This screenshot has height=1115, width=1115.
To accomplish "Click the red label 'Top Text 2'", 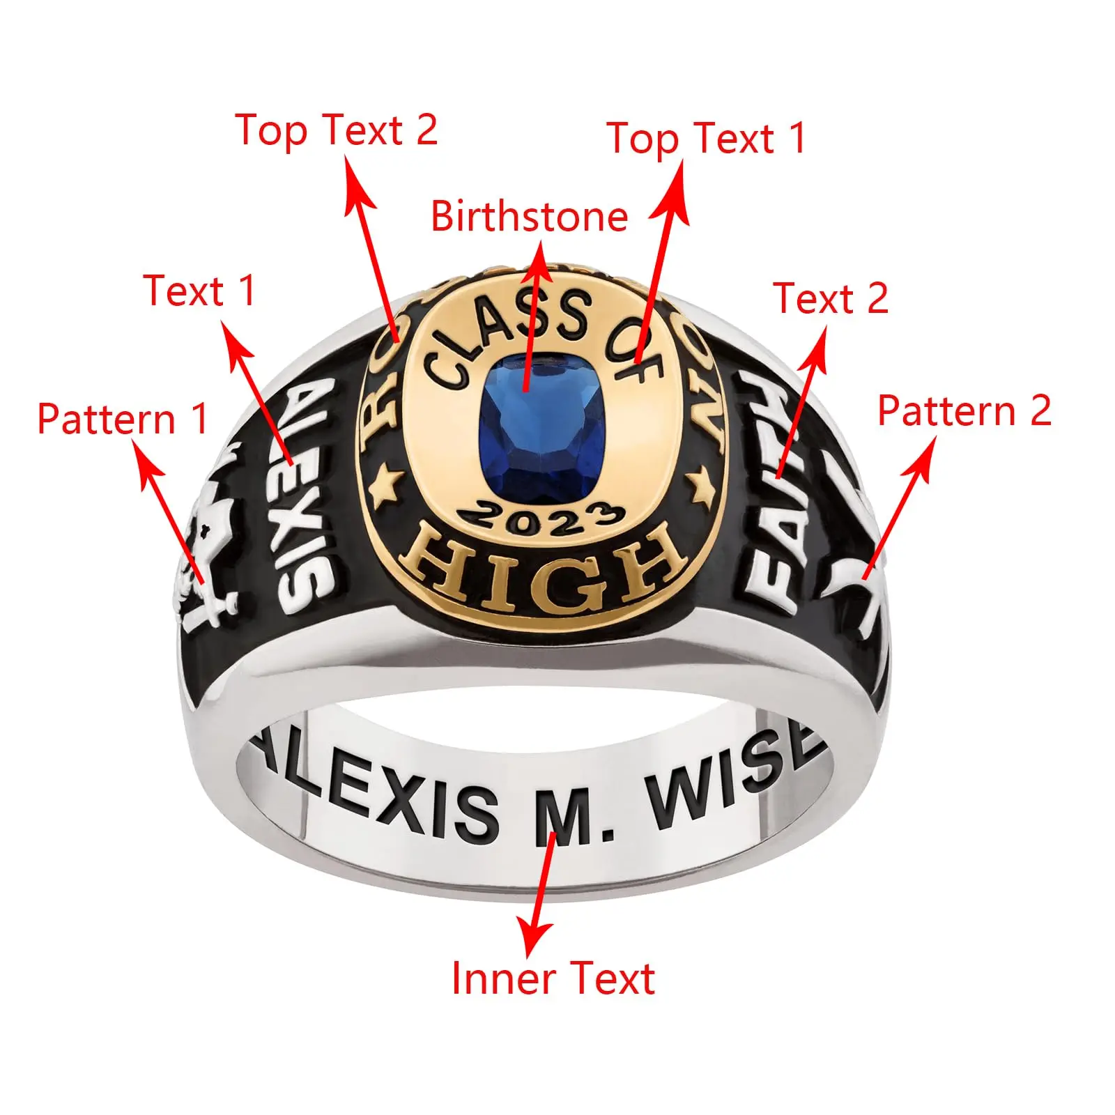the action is (x=337, y=130).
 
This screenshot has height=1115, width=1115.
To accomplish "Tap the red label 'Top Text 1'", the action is (x=706, y=138).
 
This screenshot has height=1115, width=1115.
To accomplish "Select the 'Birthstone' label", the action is (x=529, y=216).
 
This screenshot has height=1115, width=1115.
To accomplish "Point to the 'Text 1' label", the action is (x=200, y=291).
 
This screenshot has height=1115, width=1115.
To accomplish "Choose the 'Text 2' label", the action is (x=830, y=298).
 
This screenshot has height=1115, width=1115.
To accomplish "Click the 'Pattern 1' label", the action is (x=123, y=419).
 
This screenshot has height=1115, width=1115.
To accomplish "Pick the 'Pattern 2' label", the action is (x=964, y=410).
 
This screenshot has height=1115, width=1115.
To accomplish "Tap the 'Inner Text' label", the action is (x=553, y=978).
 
